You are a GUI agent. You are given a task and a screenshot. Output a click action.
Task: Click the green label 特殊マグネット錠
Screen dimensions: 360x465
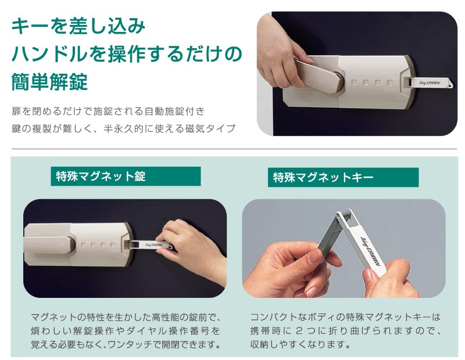click(x=126, y=177)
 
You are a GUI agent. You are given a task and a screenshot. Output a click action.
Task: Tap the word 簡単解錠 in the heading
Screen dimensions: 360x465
click(x=49, y=82)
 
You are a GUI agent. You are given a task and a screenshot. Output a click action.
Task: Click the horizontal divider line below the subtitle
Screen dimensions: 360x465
click(x=233, y=149)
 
